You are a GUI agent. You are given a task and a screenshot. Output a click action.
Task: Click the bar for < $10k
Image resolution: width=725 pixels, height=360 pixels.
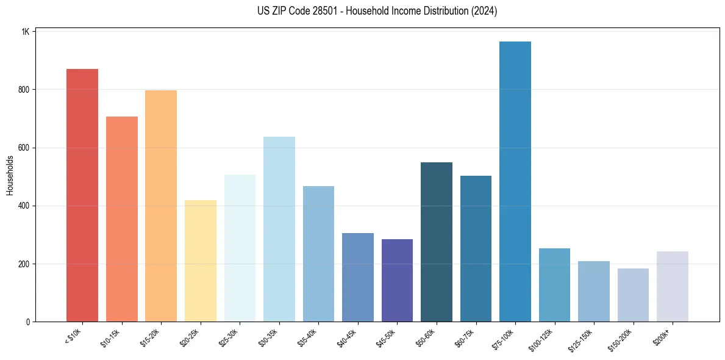pyautogui.click(x=82, y=195)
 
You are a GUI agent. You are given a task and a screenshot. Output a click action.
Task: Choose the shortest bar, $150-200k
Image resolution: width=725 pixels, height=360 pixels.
pyautogui.click(x=633, y=295)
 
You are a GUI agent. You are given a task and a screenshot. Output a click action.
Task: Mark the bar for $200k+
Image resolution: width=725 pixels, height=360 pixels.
pyautogui.click(x=672, y=287)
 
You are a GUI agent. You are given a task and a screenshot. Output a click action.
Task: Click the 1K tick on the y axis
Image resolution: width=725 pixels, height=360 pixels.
pyautogui.click(x=26, y=31)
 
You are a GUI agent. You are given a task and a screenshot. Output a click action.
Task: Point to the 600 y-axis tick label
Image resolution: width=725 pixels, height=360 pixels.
pyautogui.click(x=24, y=148)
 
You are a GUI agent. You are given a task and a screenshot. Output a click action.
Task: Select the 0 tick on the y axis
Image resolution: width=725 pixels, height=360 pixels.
pyautogui.click(x=28, y=322)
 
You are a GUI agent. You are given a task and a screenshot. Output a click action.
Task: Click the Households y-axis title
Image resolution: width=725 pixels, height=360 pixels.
pyautogui.click(x=10, y=175)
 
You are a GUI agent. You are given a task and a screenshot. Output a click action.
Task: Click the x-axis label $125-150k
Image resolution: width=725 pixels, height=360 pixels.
pyautogui.click(x=581, y=340)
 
